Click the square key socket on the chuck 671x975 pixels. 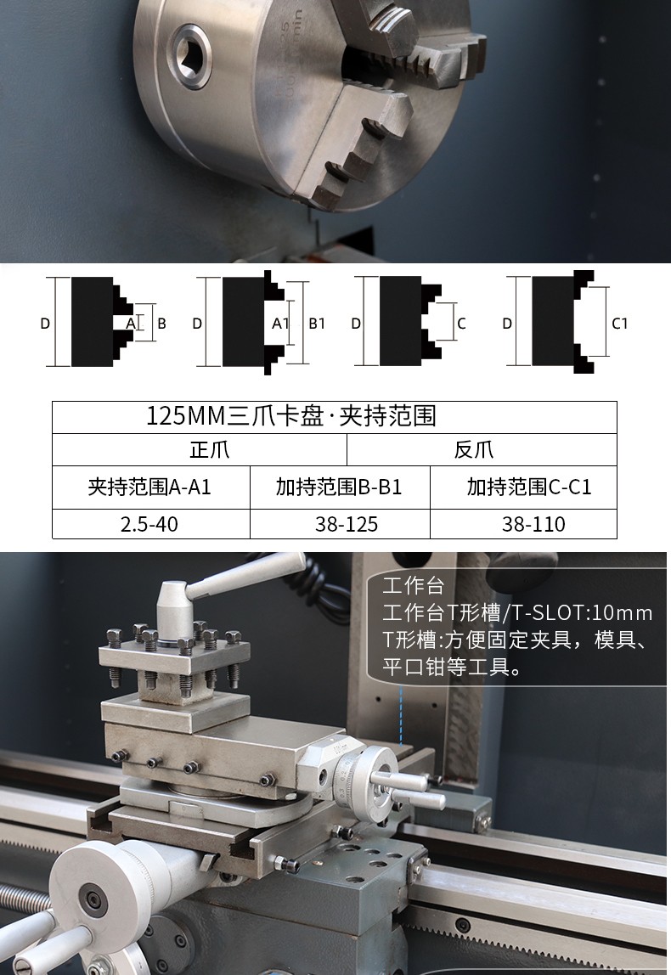(x=191, y=56)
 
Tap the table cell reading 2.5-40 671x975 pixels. (x=150, y=524)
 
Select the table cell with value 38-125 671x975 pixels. (x=346, y=524)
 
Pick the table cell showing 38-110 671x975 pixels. (x=533, y=524)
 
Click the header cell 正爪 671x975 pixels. (x=210, y=449)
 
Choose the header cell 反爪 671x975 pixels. (x=473, y=449)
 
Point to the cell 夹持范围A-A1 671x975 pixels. (x=149, y=487)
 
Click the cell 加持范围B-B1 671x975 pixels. (x=339, y=487)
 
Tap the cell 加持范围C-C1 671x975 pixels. (x=528, y=487)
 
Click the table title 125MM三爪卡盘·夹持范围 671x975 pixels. (x=291, y=416)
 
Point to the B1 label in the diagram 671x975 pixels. (x=317, y=324)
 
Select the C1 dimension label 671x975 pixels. (x=619, y=324)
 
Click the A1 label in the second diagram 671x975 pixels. (x=280, y=324)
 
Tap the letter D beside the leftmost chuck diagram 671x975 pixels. (x=45, y=324)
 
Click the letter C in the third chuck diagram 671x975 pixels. (x=461, y=324)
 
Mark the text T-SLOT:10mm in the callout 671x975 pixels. (x=583, y=613)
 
